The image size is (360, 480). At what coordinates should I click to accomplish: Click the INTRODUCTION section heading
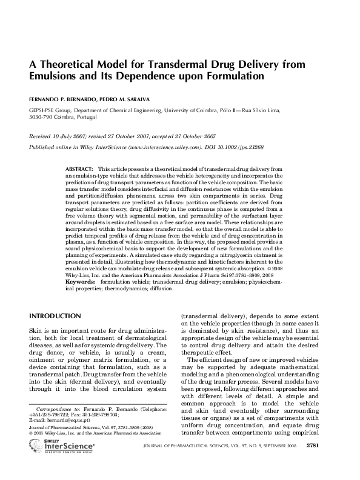tap(55, 316)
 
